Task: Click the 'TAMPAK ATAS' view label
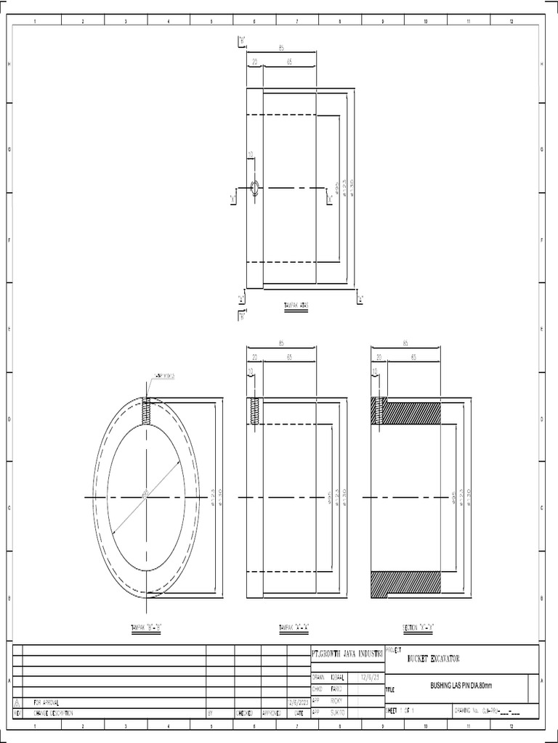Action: coord(296,305)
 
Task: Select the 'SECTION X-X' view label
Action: coord(418,627)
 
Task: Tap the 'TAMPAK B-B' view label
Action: coord(145,627)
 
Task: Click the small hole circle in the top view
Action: coord(255,188)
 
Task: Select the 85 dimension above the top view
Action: coord(281,49)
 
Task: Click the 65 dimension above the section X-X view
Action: coord(413,357)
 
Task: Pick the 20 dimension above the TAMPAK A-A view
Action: coord(254,357)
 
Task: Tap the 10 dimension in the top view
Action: coord(251,155)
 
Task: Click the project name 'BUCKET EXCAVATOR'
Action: coord(434,658)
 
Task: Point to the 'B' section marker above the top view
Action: coord(241,41)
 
